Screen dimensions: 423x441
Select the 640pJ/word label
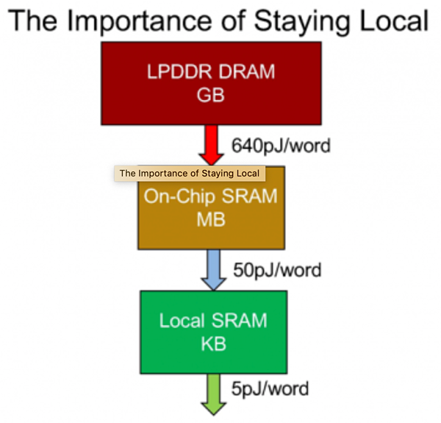[280, 145]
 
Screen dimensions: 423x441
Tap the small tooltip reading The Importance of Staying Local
[190, 174]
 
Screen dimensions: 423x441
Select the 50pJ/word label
[277, 270]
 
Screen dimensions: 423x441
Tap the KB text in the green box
[212, 344]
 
